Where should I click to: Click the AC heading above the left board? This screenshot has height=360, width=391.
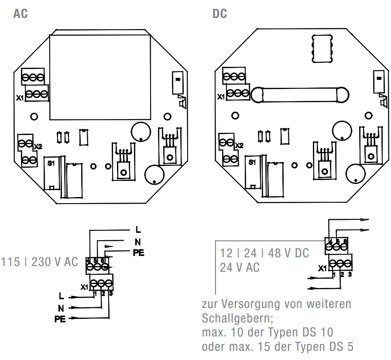click(x=21, y=14)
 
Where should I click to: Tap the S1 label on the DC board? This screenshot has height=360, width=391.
click(x=252, y=162)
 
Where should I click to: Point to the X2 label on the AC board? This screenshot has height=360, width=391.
click(x=38, y=146)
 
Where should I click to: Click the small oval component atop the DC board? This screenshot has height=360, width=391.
click(x=321, y=47)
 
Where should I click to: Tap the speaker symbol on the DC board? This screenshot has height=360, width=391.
click(x=383, y=102)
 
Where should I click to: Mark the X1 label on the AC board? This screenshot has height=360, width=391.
click(x=20, y=98)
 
